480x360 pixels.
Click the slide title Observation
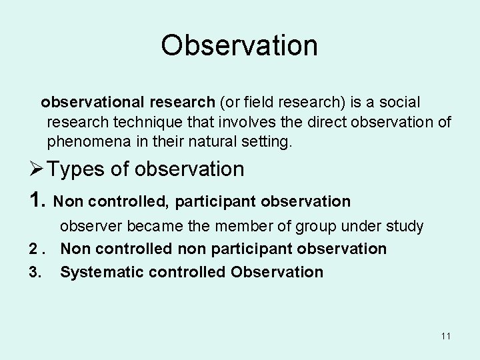click(239, 45)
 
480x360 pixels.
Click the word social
click(398, 103)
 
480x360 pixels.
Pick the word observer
click(91, 227)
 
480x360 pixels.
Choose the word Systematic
click(97, 272)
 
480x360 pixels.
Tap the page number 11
click(445, 337)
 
